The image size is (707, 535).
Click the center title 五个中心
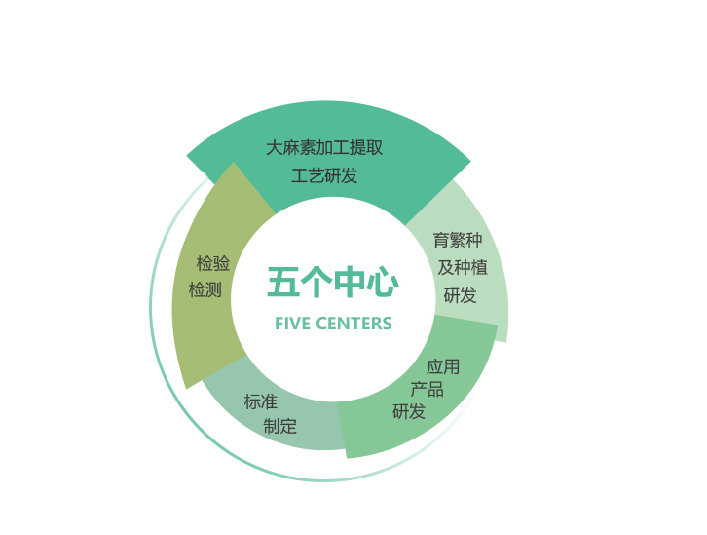click(x=333, y=283)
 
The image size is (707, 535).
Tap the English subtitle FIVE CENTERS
click(x=333, y=324)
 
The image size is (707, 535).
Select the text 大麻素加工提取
click(x=324, y=147)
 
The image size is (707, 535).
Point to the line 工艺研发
click(x=324, y=175)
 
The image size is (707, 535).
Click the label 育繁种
click(x=458, y=240)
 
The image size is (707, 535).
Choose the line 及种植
click(x=463, y=267)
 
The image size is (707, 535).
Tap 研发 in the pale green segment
click(x=460, y=295)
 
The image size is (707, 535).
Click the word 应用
click(x=443, y=366)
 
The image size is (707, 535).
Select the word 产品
click(x=427, y=389)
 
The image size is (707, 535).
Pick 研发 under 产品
click(x=409, y=411)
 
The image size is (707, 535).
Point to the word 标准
click(x=261, y=401)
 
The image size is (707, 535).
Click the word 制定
click(x=280, y=426)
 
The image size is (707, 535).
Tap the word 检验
click(x=213, y=263)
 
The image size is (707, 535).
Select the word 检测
click(x=205, y=289)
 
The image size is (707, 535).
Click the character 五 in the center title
click(x=283, y=283)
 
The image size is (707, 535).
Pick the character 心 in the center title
click(x=383, y=283)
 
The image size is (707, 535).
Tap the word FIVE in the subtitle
click(x=292, y=324)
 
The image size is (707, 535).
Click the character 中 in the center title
click(x=350, y=283)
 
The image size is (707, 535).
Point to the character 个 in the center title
click(x=316, y=283)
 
